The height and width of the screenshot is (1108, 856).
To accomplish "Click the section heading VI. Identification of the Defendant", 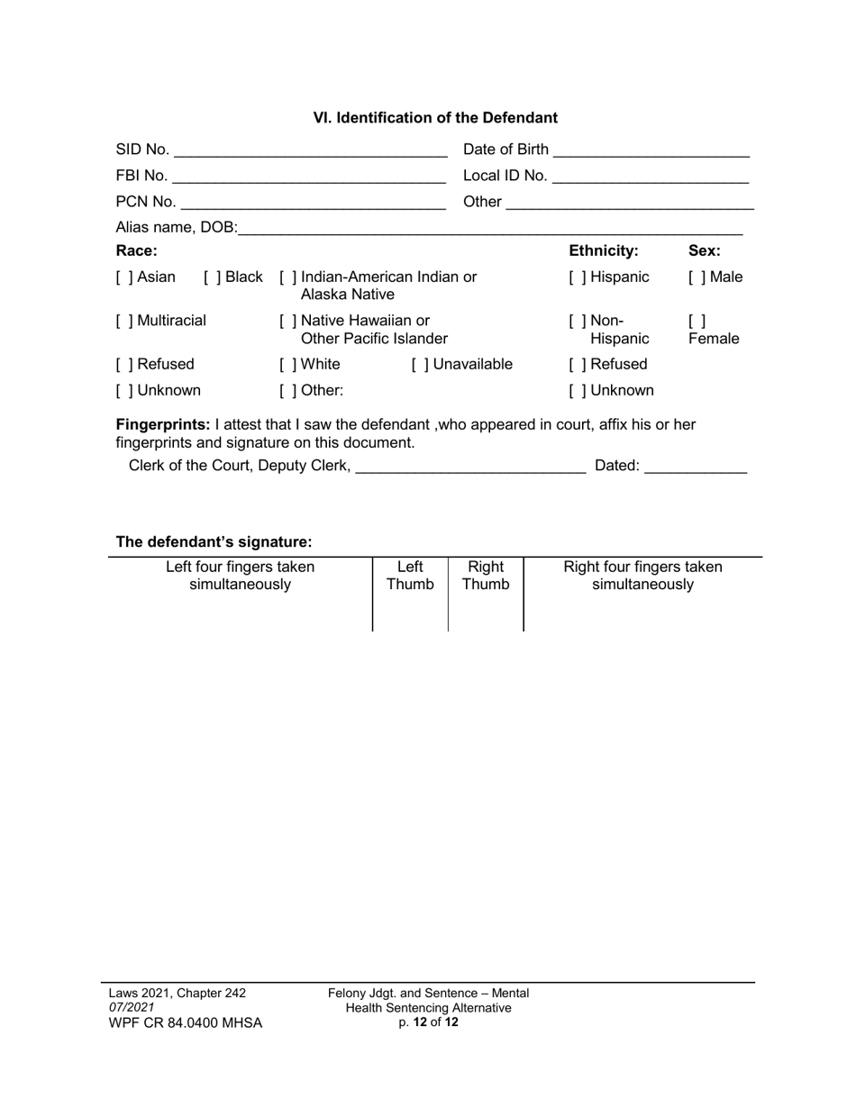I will coord(435,118).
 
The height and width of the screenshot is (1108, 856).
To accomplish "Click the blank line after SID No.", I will coord(310,150).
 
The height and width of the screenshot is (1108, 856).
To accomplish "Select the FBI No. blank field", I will coord(309,177).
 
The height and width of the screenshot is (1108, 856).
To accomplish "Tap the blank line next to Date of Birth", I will coord(651,150).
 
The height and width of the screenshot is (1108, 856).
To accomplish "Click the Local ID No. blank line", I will coord(650,177).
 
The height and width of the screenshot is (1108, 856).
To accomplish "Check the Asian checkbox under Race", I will coord(123,277).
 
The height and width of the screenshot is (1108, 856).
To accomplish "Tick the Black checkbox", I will coord(211,277).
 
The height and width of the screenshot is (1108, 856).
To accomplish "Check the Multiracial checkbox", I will coord(123,321).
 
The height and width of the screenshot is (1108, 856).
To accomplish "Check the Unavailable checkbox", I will coord(419,365).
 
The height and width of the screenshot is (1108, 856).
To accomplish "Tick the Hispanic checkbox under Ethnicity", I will coord(577,277).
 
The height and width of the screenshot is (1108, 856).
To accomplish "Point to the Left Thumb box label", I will coord(410,576).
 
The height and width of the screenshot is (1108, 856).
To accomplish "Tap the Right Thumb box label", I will coord(486,576).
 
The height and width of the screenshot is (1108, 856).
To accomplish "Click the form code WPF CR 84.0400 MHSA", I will coord(186,1023).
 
